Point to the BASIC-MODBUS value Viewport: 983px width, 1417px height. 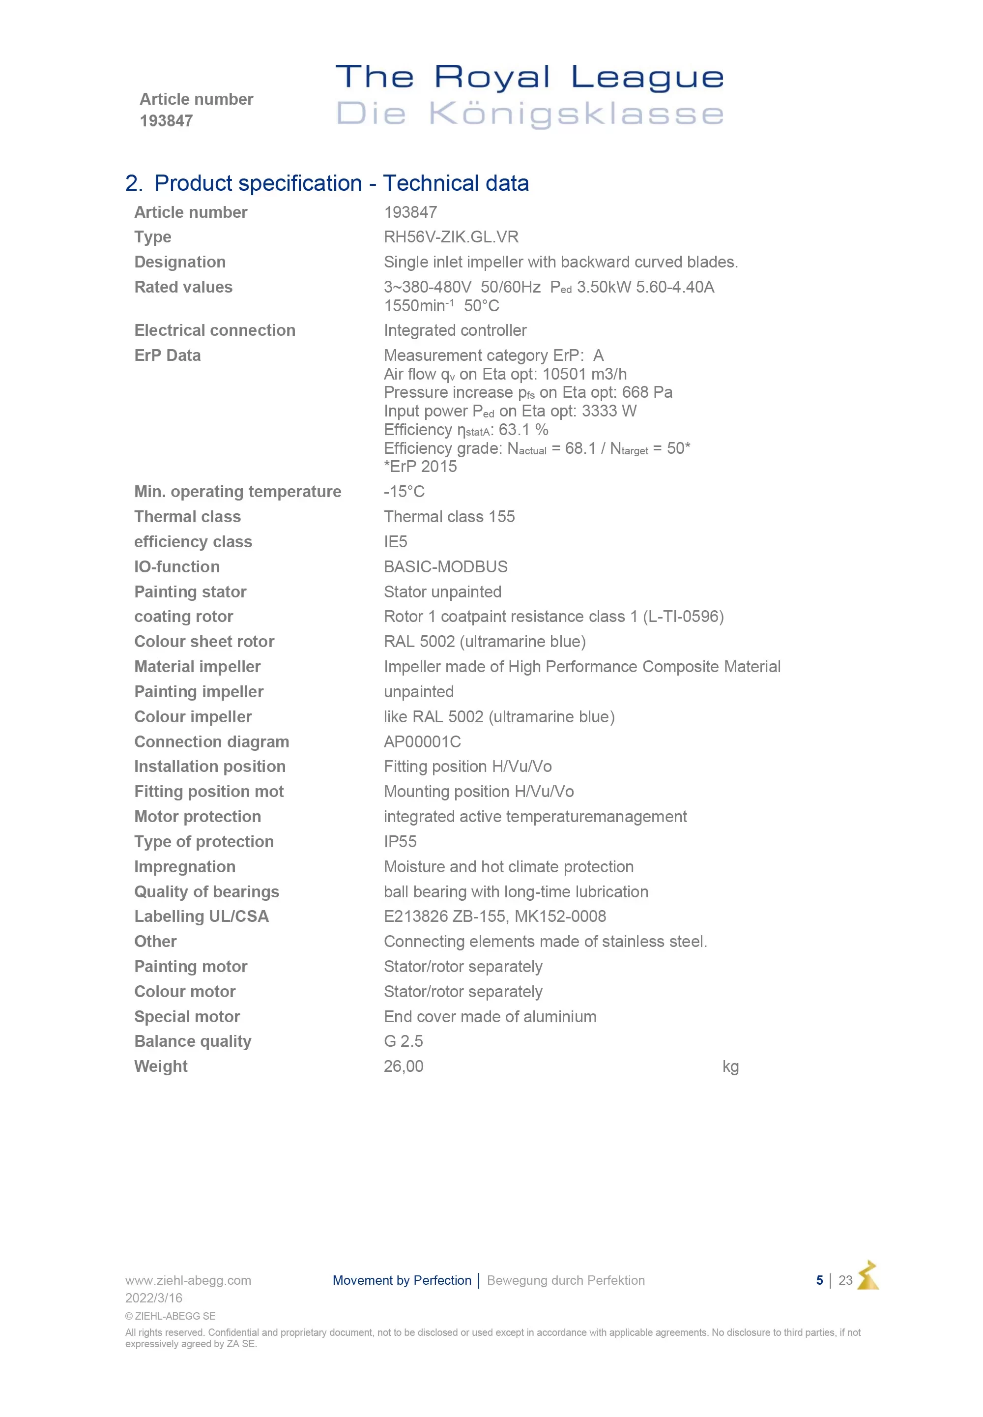coord(445,567)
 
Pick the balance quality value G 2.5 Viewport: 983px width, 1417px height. coord(403,1041)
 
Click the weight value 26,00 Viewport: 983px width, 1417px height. coord(404,1066)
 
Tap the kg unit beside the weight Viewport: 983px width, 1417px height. coord(730,1066)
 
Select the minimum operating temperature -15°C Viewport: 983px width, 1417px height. coord(404,492)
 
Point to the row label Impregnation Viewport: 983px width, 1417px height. coord(185,867)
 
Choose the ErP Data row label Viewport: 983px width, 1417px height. coord(168,355)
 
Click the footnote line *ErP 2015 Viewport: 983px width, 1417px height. coord(420,467)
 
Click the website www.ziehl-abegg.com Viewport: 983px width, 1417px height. coord(188,1280)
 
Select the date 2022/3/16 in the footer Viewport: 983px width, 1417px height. coord(153,1298)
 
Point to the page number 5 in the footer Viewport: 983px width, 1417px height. coord(819,1280)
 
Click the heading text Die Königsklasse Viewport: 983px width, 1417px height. coord(530,114)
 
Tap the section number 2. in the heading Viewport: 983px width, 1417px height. coord(134,183)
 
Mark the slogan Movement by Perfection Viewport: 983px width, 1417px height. coord(402,1280)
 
